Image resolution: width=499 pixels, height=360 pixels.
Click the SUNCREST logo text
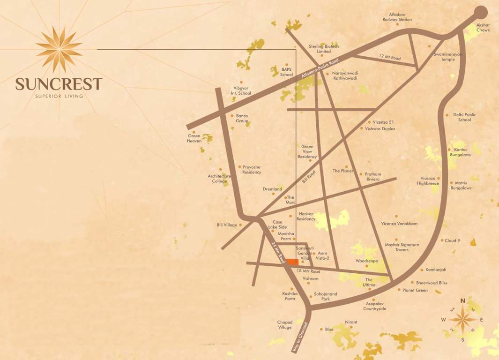click(x=59, y=84)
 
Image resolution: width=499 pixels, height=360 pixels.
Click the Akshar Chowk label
click(x=483, y=27)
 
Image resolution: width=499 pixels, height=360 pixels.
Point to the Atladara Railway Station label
click(x=397, y=17)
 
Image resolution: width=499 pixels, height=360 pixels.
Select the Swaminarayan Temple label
click(x=445, y=57)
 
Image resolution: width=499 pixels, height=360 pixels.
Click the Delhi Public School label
click(x=464, y=117)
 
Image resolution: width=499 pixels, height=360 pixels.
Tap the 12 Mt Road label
click(x=390, y=58)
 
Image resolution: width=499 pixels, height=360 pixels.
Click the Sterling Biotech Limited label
click(x=323, y=49)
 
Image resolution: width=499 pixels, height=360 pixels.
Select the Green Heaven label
click(x=194, y=138)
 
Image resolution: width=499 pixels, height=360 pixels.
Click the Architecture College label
click(x=219, y=179)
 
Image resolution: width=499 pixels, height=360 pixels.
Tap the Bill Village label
click(x=227, y=225)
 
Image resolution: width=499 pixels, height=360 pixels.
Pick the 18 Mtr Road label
click(x=308, y=271)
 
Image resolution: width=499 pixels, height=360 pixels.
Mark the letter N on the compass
click(x=462, y=300)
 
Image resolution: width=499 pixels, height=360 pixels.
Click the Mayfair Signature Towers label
click(x=402, y=247)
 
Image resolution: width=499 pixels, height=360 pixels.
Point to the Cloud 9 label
click(x=452, y=240)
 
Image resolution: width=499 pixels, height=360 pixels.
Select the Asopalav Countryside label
click(x=375, y=307)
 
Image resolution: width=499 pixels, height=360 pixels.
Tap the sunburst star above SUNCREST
click(x=59, y=49)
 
